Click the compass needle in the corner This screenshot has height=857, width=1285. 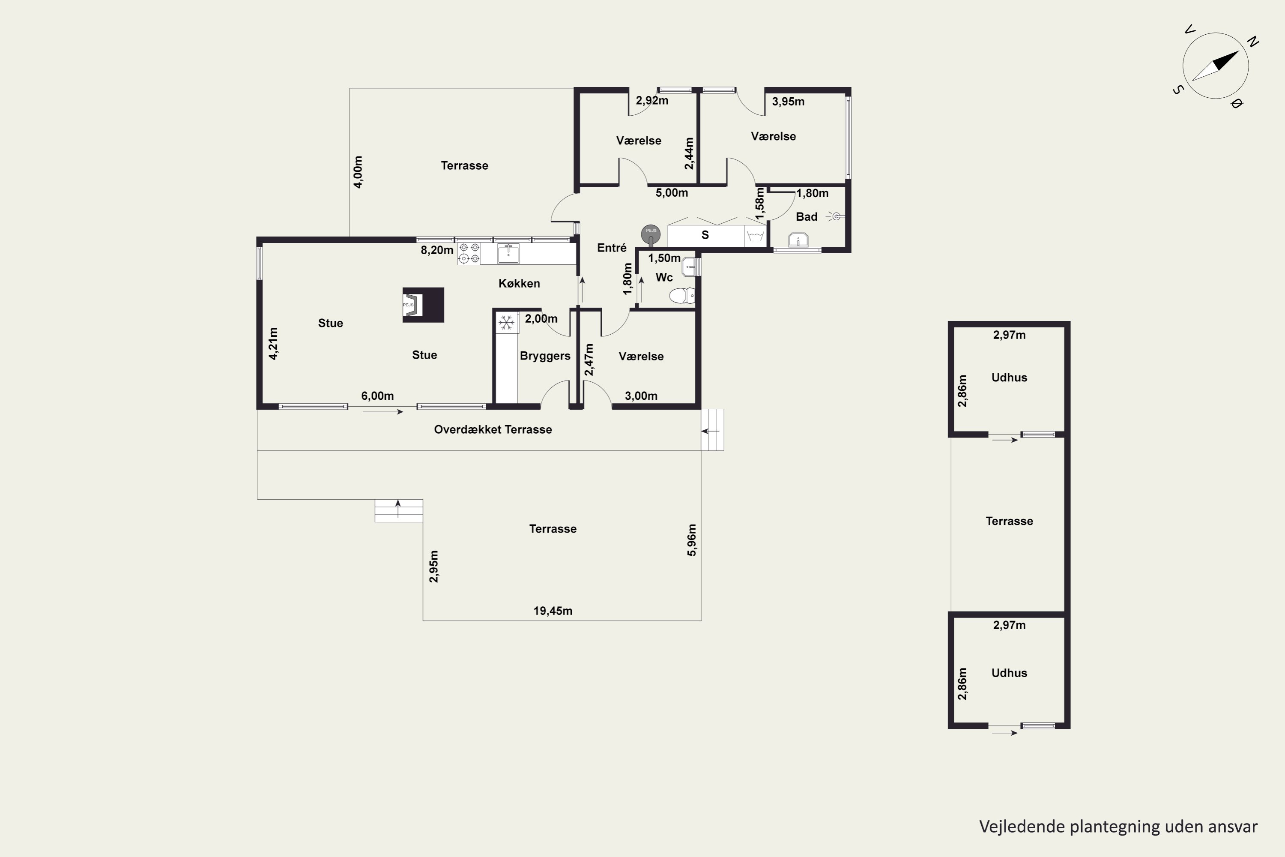point(1215,66)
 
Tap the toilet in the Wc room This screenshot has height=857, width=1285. point(682,296)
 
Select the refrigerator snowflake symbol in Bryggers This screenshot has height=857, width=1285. point(506,323)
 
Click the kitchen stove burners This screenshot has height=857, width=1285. point(469,253)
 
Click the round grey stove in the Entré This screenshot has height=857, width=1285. point(651,234)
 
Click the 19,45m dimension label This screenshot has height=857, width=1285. point(553,611)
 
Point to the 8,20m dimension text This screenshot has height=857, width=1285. point(436,250)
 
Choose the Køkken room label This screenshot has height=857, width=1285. point(519,284)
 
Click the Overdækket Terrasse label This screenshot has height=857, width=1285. point(493,430)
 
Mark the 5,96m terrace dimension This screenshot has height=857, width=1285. point(692,540)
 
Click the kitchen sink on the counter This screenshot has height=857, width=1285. point(508,254)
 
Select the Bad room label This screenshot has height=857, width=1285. point(807,217)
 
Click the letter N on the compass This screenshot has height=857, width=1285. point(1253,42)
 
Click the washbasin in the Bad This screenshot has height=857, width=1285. point(798,240)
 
